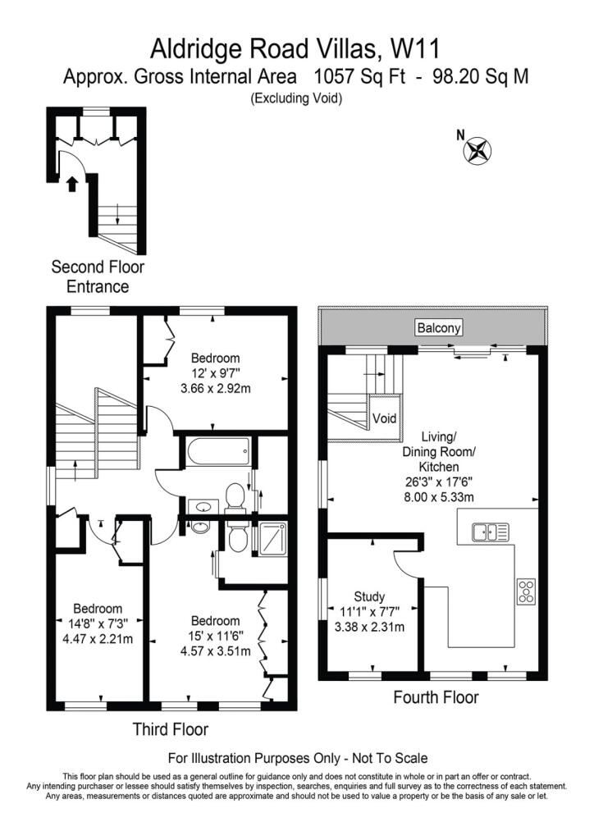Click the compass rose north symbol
click(477, 149)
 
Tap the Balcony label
click(439, 327)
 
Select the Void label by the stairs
click(384, 418)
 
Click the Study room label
click(369, 596)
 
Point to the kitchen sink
click(490, 532)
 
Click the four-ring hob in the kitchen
click(526, 592)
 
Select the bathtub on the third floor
click(217, 452)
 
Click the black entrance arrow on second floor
click(71, 184)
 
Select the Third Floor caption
click(171, 729)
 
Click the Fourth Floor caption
click(436, 697)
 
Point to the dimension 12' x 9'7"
click(215, 373)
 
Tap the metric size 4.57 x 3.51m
click(215, 651)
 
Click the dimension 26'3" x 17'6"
click(439, 482)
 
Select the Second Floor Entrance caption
click(98, 276)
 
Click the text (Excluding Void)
click(296, 98)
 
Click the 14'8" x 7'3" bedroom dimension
click(98, 624)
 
